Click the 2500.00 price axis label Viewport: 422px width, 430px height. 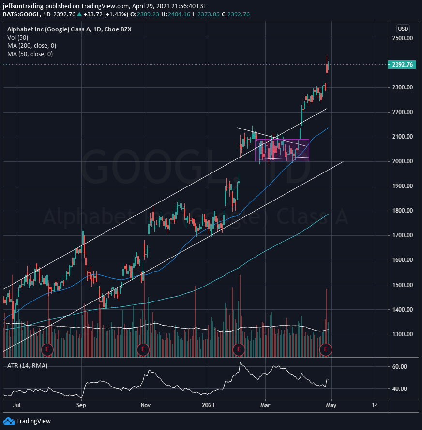[402, 38]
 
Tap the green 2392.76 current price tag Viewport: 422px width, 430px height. [402, 65]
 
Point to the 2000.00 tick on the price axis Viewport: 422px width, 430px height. [402, 161]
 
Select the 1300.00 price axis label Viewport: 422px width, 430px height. [402, 334]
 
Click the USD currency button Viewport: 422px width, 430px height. [403, 28]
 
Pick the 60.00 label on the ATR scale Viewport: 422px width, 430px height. [399, 367]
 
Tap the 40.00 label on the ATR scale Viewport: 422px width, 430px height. [399, 389]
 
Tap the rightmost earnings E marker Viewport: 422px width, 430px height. [326, 349]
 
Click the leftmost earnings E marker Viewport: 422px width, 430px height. [47, 349]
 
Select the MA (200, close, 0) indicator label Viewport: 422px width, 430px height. [31, 46]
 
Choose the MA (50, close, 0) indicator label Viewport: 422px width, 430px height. [30, 54]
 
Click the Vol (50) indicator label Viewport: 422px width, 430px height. [17, 38]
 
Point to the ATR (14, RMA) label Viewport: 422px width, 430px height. [27, 366]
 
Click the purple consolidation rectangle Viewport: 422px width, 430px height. [282, 150]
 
